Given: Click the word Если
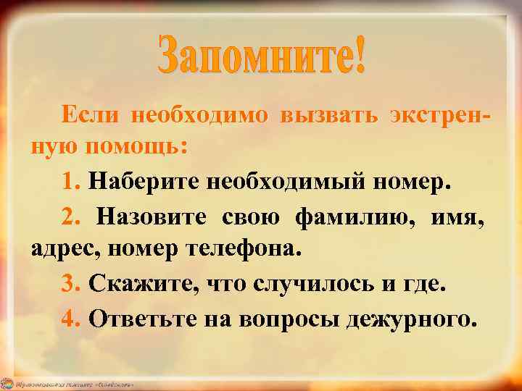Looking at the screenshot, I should point(87,115).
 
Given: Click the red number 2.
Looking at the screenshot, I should point(71,215).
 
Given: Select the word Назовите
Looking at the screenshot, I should point(152,215).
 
